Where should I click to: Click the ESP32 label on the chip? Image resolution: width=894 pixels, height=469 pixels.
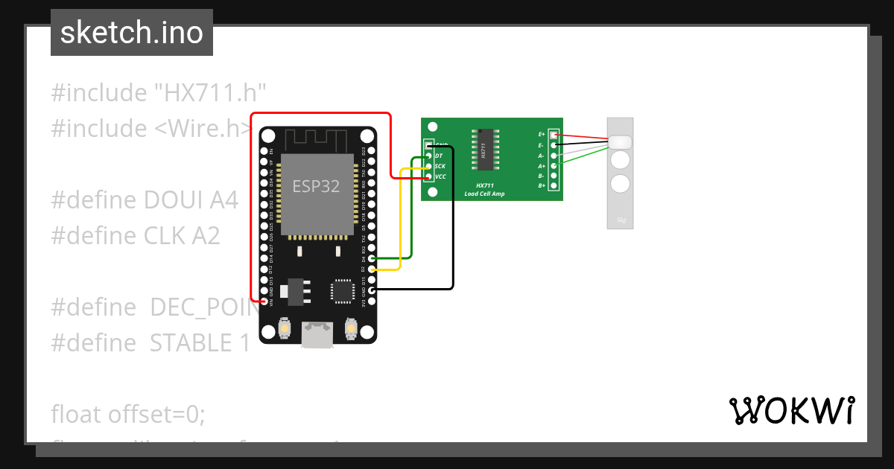tap(316, 186)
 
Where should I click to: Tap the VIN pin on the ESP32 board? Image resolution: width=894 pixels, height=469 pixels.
tap(264, 301)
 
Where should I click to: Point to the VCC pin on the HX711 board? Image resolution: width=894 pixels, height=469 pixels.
tap(428, 176)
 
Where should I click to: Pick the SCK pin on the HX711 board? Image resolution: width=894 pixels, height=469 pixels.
tap(428, 166)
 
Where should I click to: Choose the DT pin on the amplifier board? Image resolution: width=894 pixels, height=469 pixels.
tap(428, 156)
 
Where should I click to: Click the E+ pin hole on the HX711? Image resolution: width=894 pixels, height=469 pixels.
tap(553, 135)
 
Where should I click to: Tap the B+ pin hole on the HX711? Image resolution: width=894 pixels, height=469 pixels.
tap(553, 185)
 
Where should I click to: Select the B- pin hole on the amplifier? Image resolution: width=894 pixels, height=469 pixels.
tap(553, 175)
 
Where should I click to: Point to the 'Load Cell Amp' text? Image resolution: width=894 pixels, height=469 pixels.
tap(484, 194)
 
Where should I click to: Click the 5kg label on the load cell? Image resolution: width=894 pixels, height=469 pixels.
tap(621, 220)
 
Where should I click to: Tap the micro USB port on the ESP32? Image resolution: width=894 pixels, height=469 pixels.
tap(317, 336)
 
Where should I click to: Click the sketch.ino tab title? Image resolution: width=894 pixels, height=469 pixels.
tap(132, 33)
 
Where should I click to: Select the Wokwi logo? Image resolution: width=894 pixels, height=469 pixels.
tap(791, 410)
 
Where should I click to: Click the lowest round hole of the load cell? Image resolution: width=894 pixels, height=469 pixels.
tap(621, 183)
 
